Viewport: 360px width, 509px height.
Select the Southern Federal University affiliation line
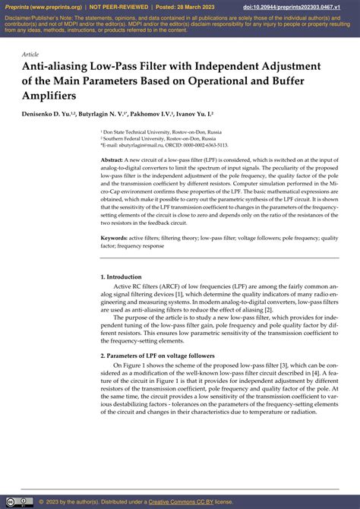coord(160,139)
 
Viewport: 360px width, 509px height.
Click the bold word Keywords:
coord(114,238)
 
